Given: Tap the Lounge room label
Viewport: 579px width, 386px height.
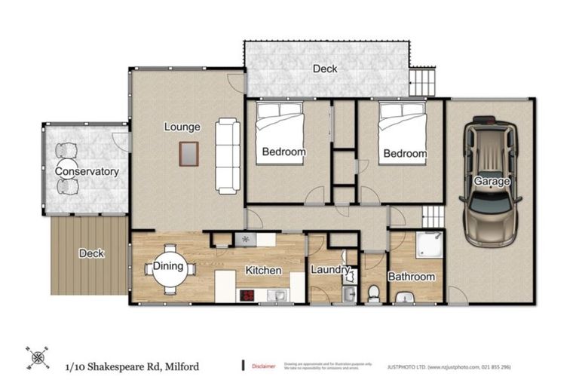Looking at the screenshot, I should [182, 127].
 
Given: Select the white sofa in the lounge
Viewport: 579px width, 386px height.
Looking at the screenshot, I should [227, 155].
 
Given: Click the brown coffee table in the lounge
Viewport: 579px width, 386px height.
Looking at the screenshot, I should [188, 155].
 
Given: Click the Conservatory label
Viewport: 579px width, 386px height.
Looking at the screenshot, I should [87, 172].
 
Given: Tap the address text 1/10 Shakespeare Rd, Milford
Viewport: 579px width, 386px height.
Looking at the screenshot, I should [132, 366].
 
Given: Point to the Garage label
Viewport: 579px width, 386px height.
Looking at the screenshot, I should [492, 182].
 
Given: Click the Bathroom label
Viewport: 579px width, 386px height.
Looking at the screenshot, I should [412, 277].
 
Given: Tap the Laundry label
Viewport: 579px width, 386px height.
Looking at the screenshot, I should [330, 270].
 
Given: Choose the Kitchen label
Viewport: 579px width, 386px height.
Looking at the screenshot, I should [263, 270].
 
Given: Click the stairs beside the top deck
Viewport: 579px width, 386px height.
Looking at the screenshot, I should [423, 80].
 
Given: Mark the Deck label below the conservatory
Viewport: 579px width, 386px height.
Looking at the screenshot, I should [91, 254].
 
